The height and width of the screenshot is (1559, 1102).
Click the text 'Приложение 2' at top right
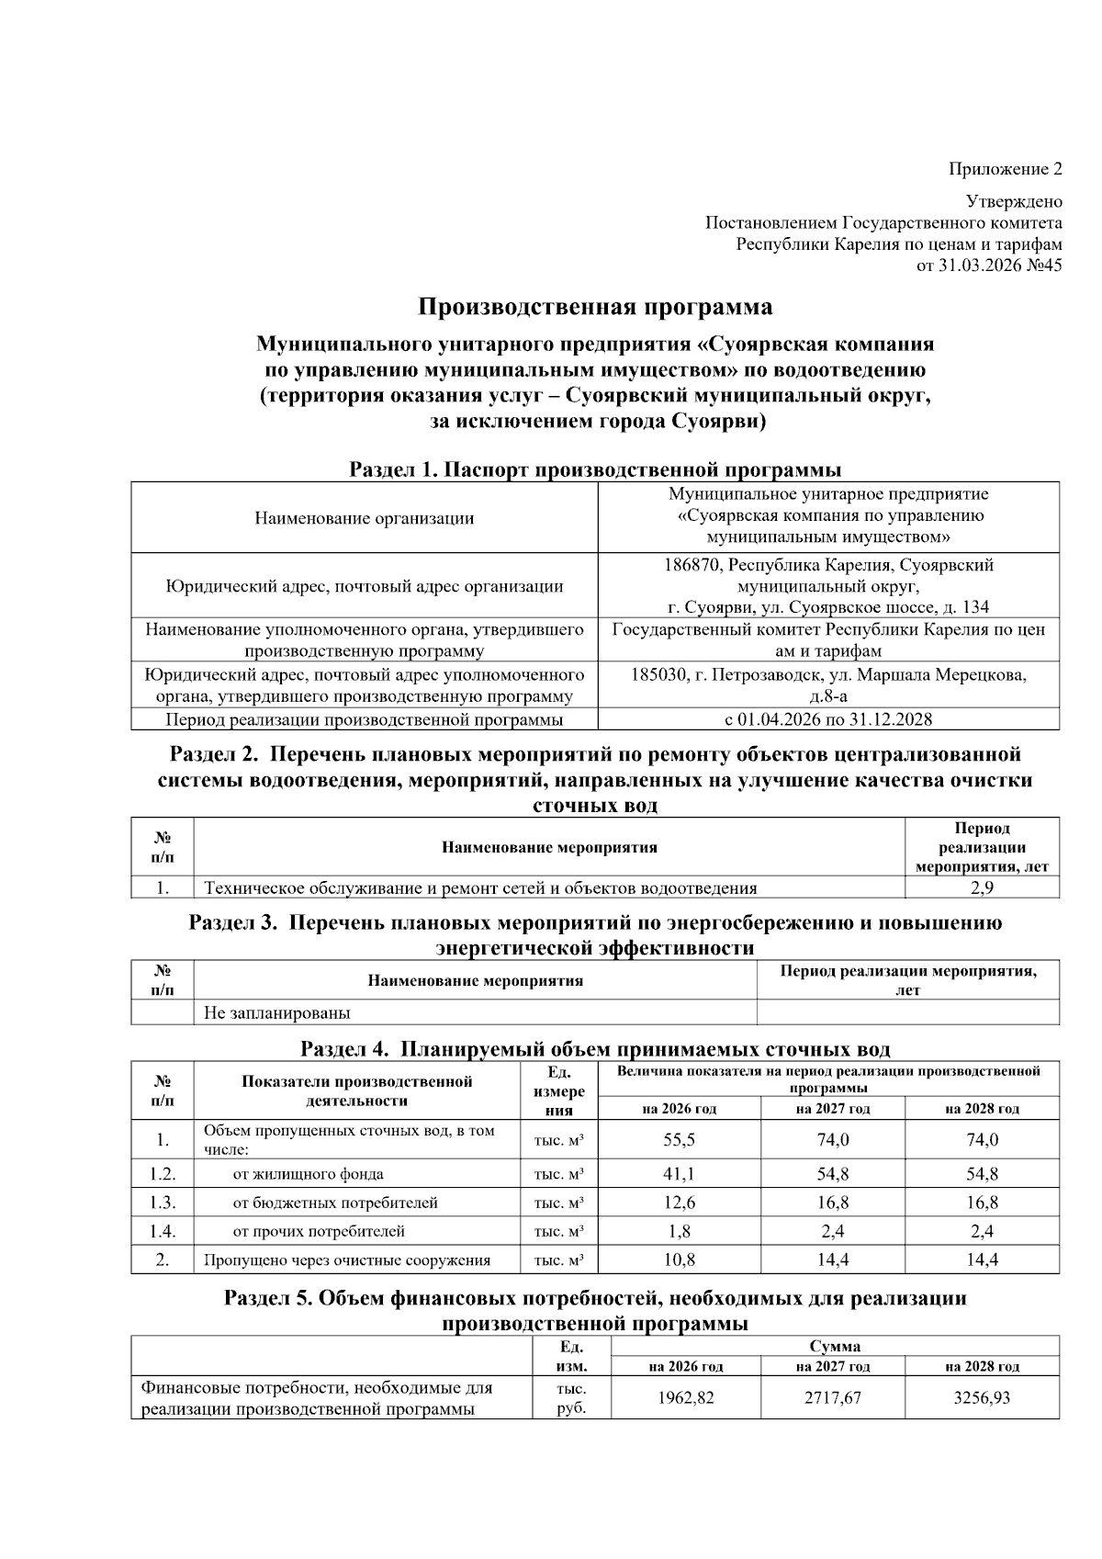tap(1005, 169)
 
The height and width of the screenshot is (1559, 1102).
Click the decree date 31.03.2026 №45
tap(1001, 266)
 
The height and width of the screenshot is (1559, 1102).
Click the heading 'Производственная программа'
tap(595, 306)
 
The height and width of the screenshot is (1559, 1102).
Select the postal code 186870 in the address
tap(692, 565)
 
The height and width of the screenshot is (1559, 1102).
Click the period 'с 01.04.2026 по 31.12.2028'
tap(828, 719)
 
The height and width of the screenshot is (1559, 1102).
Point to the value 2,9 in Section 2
tap(982, 887)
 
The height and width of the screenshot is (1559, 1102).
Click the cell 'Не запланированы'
tap(276, 1013)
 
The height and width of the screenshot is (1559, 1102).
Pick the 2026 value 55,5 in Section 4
tap(679, 1139)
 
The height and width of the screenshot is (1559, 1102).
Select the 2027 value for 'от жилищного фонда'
tap(832, 1173)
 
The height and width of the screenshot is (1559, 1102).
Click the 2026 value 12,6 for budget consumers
tap(679, 1202)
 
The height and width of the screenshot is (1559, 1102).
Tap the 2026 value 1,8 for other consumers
tap(679, 1231)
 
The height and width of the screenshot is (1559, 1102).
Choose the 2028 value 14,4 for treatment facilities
tap(982, 1260)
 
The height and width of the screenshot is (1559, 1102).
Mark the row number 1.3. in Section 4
tap(163, 1202)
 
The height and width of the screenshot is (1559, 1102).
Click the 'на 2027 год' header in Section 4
tap(832, 1109)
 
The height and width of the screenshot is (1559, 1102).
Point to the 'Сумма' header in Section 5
tap(835, 1347)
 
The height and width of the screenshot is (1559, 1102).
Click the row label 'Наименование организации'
tap(365, 517)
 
